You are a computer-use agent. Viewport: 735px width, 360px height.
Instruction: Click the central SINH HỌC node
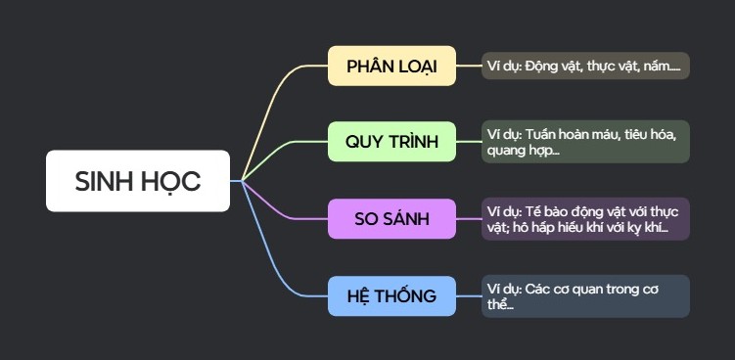click(x=138, y=181)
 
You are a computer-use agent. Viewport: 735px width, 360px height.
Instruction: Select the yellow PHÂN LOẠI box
click(x=391, y=66)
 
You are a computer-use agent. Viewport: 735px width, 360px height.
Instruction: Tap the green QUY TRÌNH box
click(x=391, y=142)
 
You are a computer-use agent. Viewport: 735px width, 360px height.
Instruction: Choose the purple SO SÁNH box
click(x=391, y=218)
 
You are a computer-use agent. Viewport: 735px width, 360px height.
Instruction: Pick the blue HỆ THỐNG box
click(x=391, y=295)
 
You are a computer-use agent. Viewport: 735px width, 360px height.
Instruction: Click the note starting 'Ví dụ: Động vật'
click(x=586, y=66)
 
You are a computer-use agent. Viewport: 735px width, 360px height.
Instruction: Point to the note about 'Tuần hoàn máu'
click(x=586, y=142)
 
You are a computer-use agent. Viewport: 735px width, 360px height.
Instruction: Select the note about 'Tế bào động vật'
click(x=586, y=218)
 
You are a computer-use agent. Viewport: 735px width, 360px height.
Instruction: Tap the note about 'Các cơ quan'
click(x=586, y=295)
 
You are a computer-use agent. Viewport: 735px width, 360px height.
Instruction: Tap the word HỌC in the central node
click(x=169, y=181)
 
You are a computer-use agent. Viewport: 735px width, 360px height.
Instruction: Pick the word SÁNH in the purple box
click(x=407, y=218)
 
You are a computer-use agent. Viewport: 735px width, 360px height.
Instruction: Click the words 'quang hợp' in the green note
click(x=520, y=152)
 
